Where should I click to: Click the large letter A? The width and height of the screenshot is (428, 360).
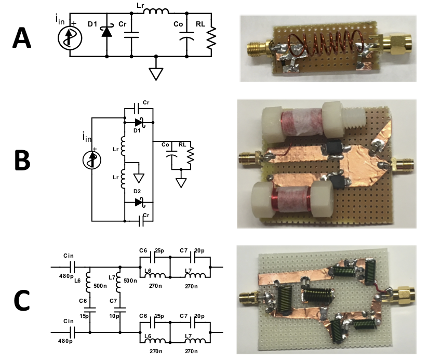[25, 38]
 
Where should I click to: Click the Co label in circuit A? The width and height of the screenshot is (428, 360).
[178, 24]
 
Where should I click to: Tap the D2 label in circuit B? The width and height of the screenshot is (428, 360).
[137, 192]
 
